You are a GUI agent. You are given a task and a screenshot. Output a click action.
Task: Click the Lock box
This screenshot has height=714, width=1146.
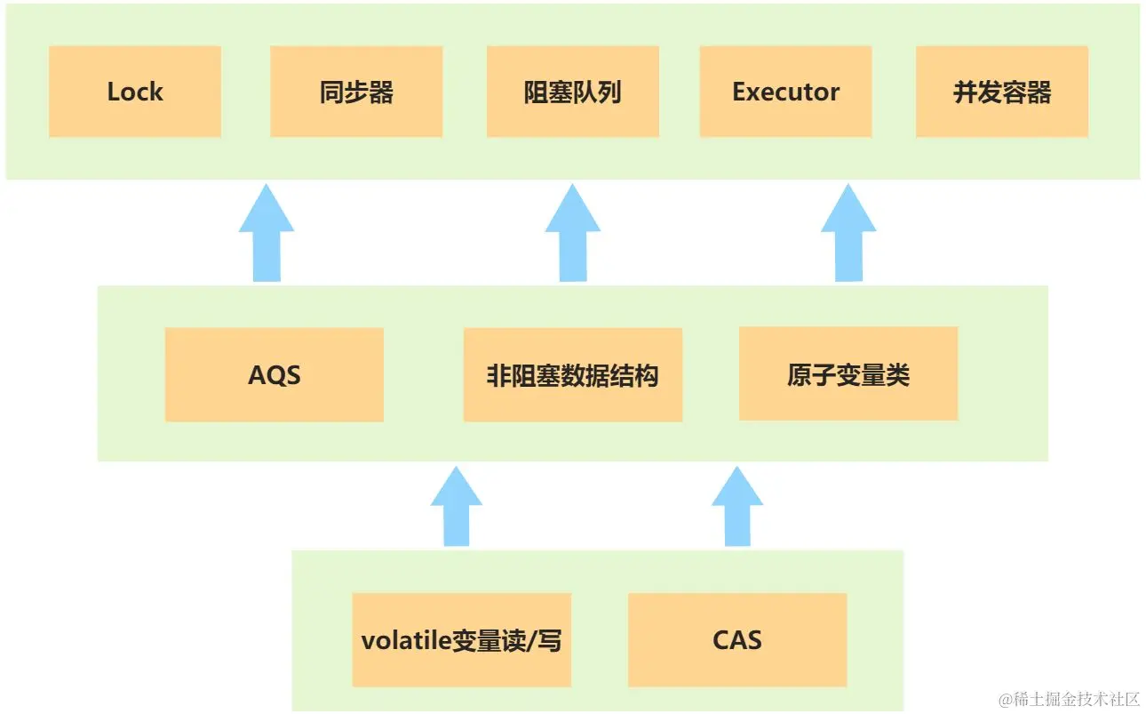coord(135,92)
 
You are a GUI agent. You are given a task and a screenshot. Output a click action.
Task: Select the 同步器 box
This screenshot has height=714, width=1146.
coord(356,92)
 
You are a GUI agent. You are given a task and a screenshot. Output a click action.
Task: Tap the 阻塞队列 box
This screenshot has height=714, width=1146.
coord(573,92)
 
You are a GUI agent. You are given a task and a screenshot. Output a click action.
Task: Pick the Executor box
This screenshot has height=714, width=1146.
coord(786,92)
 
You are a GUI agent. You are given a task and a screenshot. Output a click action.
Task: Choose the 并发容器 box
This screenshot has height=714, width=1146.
coord(1002,92)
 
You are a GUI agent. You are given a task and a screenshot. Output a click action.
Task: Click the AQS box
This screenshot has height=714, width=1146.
coord(275,374)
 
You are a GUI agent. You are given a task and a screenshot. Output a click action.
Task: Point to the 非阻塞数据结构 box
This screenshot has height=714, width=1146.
coord(573,374)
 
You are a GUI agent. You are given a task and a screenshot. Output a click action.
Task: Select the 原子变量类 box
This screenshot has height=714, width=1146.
coord(848,373)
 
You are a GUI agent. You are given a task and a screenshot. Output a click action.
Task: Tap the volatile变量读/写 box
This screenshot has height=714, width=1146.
coord(461,640)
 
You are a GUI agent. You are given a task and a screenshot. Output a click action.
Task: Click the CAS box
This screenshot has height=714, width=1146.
coord(737,640)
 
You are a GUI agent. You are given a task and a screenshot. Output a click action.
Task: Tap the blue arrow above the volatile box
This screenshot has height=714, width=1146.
coord(457,508)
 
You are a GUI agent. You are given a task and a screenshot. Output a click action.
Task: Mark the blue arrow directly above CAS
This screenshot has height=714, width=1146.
coord(737,508)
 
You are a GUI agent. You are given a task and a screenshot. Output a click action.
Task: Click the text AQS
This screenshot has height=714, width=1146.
coord(275,375)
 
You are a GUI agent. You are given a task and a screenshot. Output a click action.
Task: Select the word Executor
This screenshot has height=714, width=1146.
coord(786,92)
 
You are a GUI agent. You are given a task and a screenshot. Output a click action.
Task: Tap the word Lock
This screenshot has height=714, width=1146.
coord(135,92)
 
